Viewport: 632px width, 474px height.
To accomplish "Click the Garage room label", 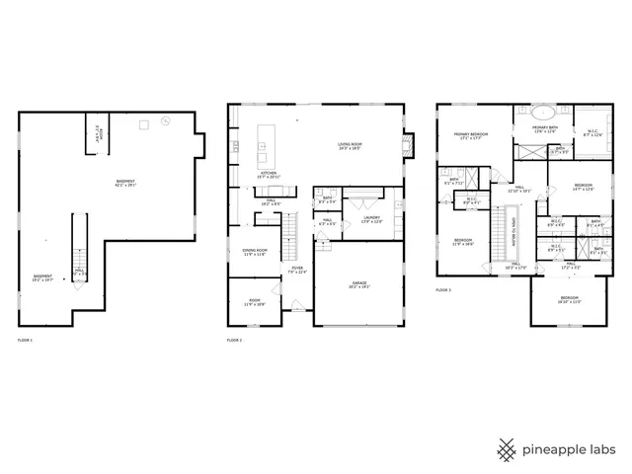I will (358, 285).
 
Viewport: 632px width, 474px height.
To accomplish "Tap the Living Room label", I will (350, 146).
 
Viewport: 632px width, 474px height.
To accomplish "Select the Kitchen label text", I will (269, 175).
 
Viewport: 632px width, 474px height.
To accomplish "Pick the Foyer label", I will (297, 270).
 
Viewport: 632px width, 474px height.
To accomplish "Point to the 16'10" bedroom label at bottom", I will (569, 299).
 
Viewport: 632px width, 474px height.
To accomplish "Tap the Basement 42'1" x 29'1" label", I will (125, 184).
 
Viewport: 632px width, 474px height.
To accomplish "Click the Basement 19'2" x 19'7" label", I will (42, 277).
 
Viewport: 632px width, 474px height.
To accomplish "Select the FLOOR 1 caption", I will (25, 340).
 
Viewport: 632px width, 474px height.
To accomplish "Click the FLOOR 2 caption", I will (234, 340).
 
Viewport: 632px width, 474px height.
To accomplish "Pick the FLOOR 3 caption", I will (443, 290).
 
